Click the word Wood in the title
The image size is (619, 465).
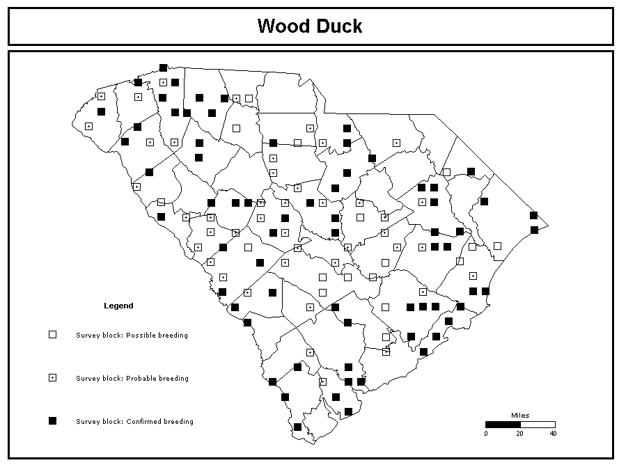(283, 26)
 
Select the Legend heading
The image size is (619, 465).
(118, 306)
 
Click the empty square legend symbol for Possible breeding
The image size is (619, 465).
(52, 335)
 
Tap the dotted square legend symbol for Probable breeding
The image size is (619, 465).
(52, 378)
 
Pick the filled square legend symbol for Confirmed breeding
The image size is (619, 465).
(52, 420)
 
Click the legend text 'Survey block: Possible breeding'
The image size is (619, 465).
(132, 335)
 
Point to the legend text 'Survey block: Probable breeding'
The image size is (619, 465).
(132, 378)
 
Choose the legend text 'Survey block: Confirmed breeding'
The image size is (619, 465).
(134, 421)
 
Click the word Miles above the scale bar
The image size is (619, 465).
(520, 416)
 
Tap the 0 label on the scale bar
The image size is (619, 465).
(486, 434)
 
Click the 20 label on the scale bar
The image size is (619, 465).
(520, 434)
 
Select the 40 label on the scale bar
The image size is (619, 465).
(553, 434)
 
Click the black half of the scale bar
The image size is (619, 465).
(503, 425)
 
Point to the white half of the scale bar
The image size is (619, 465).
(538, 425)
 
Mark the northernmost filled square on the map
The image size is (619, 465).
(164, 68)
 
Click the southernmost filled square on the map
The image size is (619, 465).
(297, 427)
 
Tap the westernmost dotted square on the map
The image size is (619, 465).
(89, 126)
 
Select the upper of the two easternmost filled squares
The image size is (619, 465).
(534, 216)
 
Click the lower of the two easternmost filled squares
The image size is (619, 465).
(534, 230)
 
